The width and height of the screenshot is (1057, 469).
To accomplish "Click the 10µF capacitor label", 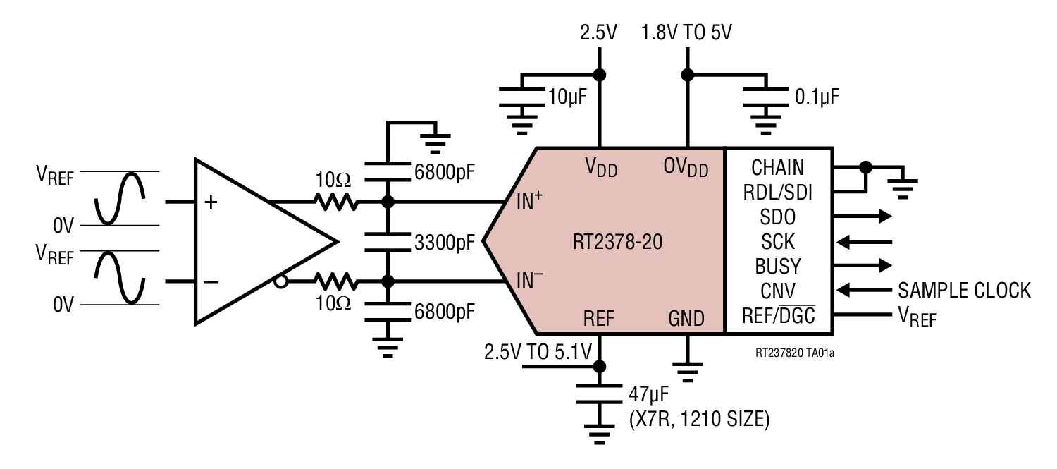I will pyautogui.click(x=568, y=97).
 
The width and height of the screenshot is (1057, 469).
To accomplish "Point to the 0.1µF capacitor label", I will pyautogui.click(x=817, y=97).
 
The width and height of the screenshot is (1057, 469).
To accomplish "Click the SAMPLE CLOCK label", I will pyautogui.click(x=964, y=290).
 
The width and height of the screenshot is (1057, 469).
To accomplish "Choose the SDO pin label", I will pyautogui.click(x=778, y=217).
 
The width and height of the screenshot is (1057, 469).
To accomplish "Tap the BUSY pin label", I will pyautogui.click(x=778, y=266).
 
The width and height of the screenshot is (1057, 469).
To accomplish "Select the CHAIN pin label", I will pyautogui.click(x=778, y=168).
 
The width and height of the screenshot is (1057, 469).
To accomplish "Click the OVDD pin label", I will pyautogui.click(x=686, y=168).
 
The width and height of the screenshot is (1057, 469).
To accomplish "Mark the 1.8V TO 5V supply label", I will pyautogui.click(x=686, y=33).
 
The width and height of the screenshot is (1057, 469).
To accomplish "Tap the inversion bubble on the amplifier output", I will pyautogui.click(x=281, y=282).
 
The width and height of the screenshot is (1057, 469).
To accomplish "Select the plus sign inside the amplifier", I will pyautogui.click(x=210, y=202).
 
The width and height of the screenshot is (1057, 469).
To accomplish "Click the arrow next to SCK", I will pyautogui.click(x=866, y=242).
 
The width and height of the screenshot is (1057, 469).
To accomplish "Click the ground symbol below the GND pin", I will pyautogui.click(x=686, y=370).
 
